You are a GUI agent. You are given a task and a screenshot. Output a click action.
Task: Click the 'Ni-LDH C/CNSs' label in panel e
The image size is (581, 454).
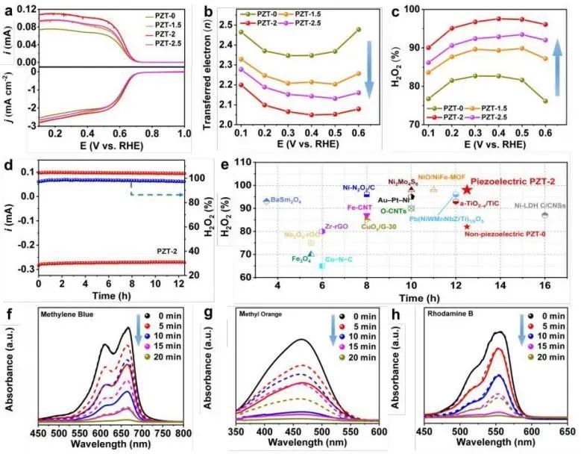click(x=545, y=205)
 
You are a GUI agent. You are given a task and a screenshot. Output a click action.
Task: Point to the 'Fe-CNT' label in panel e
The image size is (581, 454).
click(x=358, y=207)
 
